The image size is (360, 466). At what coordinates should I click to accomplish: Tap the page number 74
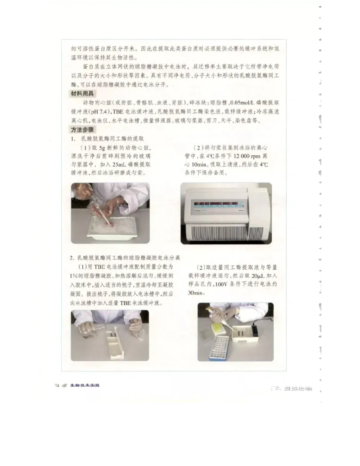[x=57, y=385]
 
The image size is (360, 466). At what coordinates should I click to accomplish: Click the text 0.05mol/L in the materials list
[x=244, y=103]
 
